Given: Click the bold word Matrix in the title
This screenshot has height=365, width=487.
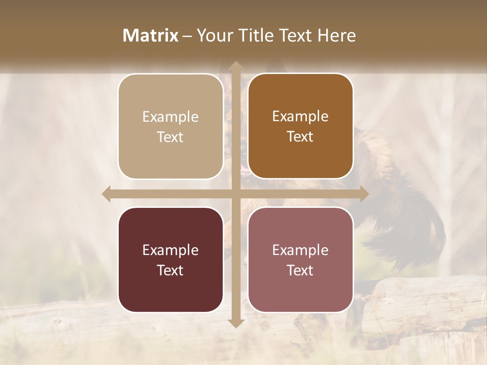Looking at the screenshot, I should pyautogui.click(x=151, y=35).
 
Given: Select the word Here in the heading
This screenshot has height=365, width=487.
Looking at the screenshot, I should pyautogui.click(x=337, y=35).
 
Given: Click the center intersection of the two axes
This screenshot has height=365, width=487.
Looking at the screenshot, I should pyautogui.click(x=235, y=194).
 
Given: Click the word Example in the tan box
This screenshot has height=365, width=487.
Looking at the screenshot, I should pyautogui.click(x=170, y=117).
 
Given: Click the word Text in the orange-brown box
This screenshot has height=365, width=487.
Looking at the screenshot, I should pyautogui.click(x=300, y=137).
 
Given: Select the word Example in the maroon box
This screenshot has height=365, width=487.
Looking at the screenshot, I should pyautogui.click(x=170, y=250).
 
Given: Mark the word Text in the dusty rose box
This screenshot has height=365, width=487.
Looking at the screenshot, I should pyautogui.click(x=300, y=271).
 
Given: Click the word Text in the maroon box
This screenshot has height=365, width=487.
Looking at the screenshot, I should pyautogui.click(x=170, y=271).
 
